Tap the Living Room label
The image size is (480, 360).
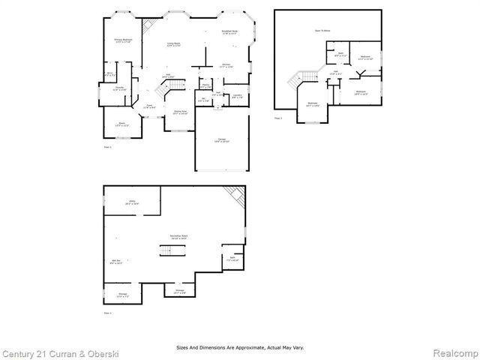click(173, 46)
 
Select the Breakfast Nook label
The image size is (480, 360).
click(229, 33)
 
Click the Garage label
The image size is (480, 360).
click(222, 140)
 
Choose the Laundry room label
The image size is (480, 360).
click(237, 96)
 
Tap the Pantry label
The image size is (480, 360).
click(205, 87)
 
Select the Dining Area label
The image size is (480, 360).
click(180, 113)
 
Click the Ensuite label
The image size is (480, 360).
click(119, 89)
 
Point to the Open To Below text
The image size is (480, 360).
click(322, 31)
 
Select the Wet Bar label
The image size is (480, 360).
click(116, 262)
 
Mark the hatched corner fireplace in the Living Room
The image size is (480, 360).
click(148, 23)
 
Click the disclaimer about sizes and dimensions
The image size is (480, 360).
click(240, 347)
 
